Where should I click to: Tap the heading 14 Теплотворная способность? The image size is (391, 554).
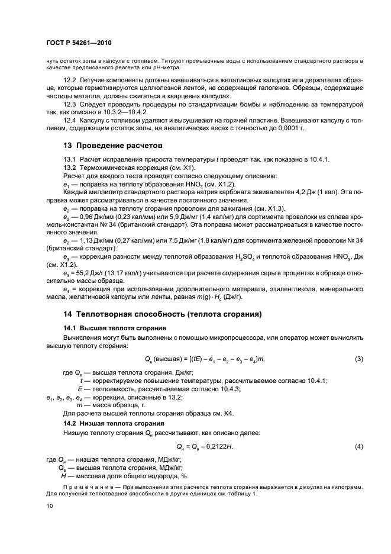(x=163, y=314)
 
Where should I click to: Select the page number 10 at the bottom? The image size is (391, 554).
(x=50, y=506)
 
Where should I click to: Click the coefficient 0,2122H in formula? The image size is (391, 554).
(x=222, y=446)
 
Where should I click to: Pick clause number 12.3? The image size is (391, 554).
(x=70, y=104)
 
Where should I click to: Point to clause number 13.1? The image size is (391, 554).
(x=70, y=160)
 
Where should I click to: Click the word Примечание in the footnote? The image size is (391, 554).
(x=83, y=488)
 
